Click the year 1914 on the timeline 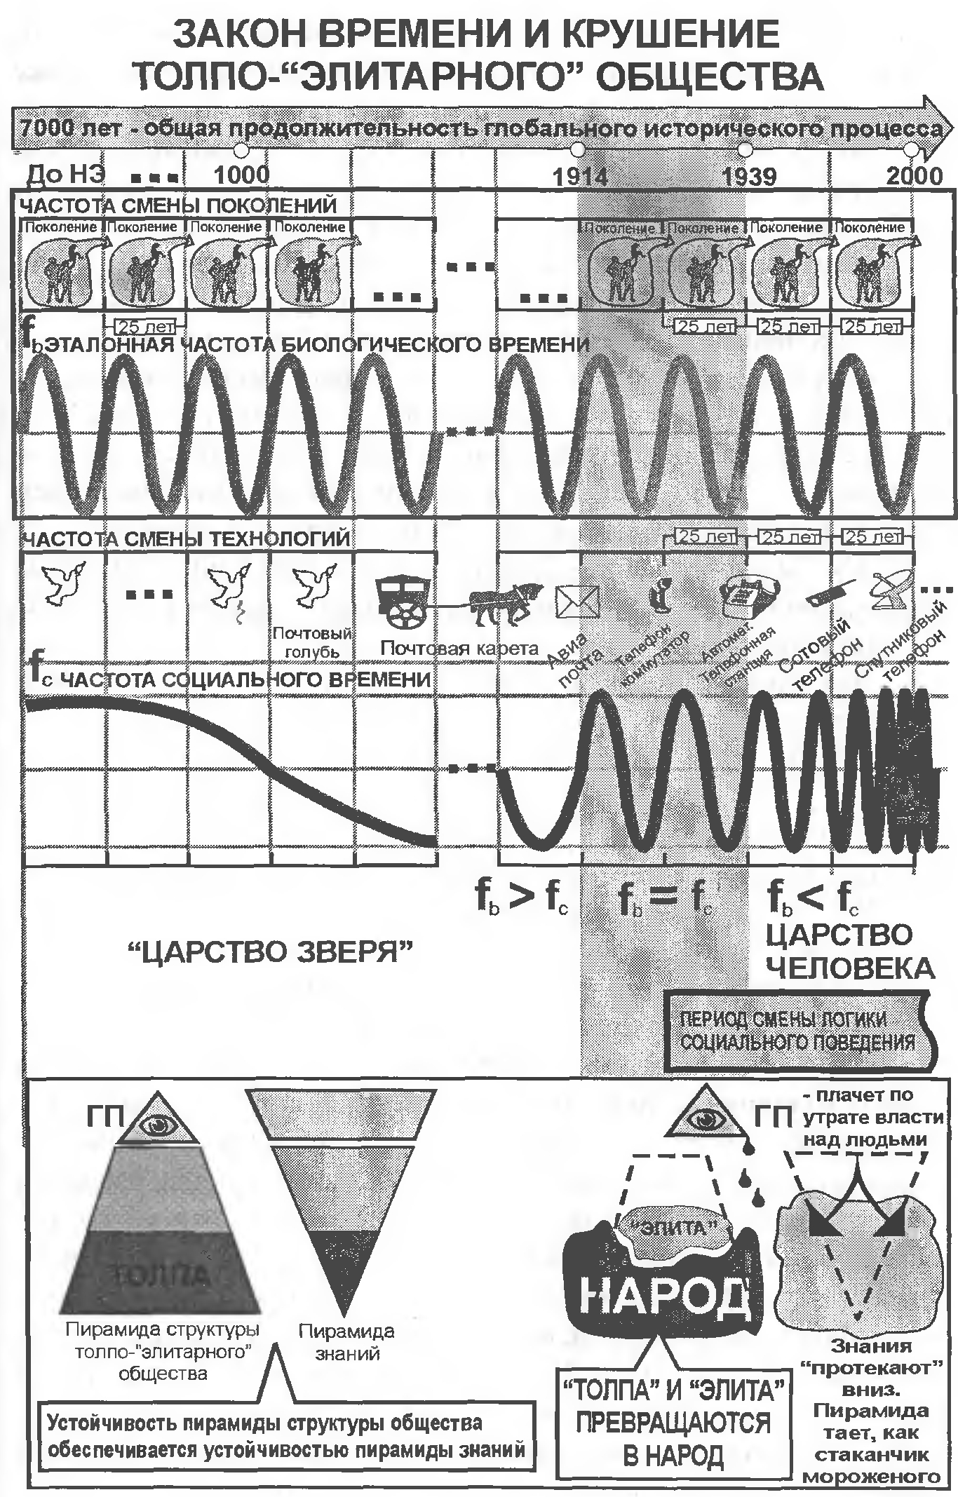(580, 175)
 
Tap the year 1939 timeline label (750, 175)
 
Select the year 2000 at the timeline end (914, 175)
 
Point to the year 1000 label (241, 175)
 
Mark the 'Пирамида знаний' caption (346, 1341)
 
